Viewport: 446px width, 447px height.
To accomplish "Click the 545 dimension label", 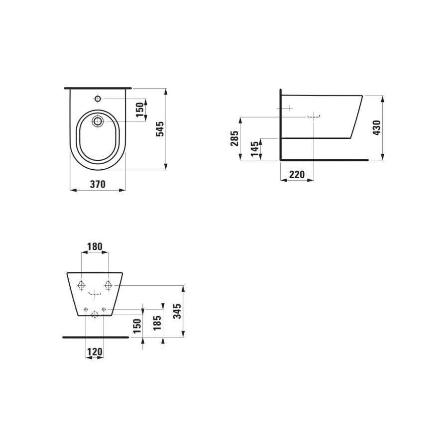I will [160, 128].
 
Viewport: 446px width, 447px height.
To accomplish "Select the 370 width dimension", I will [98, 184].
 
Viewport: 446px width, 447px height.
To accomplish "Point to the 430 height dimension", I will [377, 127].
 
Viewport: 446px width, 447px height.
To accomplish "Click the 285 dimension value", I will [234, 138].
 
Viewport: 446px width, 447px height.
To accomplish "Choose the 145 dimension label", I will [254, 148].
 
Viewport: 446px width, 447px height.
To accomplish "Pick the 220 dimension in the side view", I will [297, 174].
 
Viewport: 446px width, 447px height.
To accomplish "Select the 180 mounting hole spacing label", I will [95, 246].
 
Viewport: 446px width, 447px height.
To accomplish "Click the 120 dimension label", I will [95, 352].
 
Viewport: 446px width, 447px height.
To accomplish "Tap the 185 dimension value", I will [157, 323].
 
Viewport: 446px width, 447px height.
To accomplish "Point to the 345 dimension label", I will [177, 311].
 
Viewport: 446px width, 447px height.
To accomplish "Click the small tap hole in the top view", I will [98, 99].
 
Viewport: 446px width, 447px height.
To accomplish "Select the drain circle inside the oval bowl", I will [98, 120].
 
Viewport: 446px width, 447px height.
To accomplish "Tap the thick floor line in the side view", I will [324, 160].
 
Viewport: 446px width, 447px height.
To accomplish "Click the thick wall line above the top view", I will [98, 88].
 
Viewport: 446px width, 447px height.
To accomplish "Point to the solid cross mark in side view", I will [288, 108].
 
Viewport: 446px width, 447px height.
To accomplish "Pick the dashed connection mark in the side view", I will [314, 116].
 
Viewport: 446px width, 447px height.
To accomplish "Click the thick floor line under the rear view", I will [95, 337].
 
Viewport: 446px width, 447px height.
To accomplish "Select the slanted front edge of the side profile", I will [357, 117].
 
